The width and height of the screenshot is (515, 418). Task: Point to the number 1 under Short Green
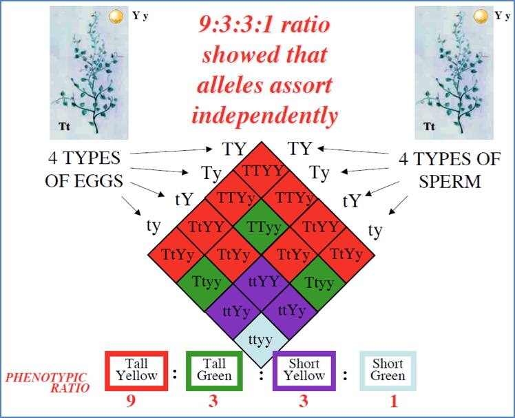tap(394, 401)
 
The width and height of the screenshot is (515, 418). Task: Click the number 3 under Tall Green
tap(213, 401)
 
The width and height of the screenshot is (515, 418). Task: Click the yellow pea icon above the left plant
tap(116, 15)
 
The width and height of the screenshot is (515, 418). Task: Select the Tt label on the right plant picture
tap(429, 127)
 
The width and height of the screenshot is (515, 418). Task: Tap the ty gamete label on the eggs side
tap(154, 225)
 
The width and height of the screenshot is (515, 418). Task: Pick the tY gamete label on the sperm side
tap(352, 200)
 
